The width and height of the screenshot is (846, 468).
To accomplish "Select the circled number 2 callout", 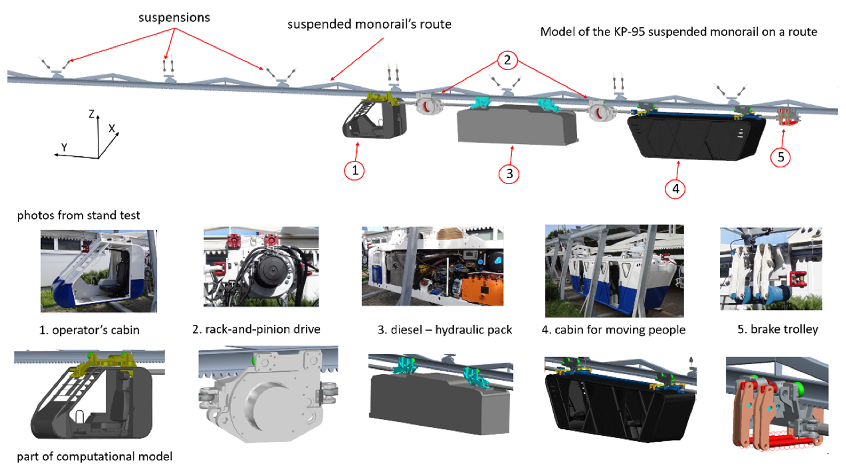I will (507, 60).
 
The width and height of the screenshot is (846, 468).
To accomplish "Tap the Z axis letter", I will (92, 114).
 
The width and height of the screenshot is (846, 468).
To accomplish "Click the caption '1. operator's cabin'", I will (89, 330).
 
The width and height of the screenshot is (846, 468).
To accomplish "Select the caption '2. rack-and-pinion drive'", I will (256, 329).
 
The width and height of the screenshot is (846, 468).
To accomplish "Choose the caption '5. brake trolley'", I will (778, 329).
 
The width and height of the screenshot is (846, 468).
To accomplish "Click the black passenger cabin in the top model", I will (696, 136).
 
